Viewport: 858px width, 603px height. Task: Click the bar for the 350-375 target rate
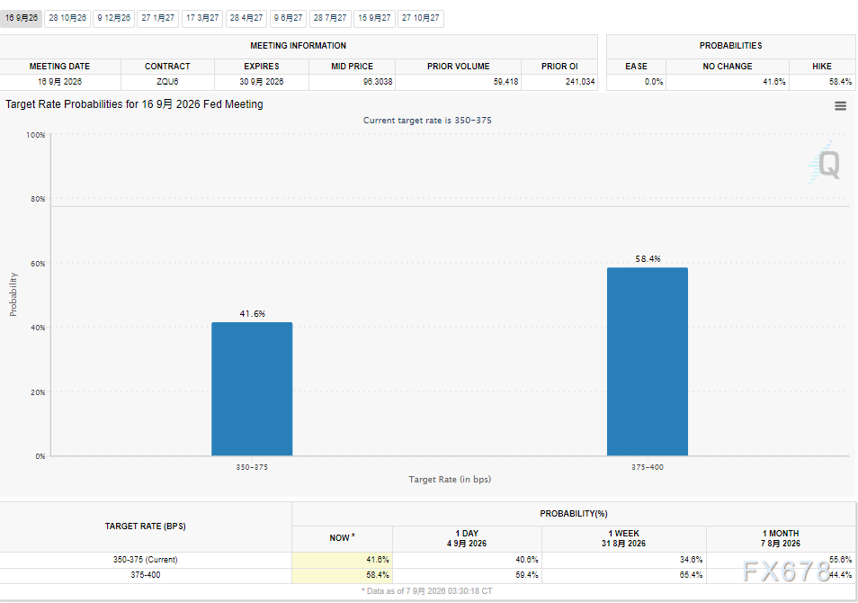[x=252, y=389]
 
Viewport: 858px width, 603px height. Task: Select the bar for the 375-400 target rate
[x=648, y=362]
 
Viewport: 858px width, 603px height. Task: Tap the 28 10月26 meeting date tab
[x=67, y=18]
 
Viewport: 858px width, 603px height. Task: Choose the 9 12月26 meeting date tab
[x=114, y=18]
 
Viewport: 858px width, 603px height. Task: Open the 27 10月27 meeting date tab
[x=420, y=18]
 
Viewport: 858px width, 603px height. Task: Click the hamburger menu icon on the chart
[x=841, y=105]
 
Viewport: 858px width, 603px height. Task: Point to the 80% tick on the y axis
[x=38, y=199]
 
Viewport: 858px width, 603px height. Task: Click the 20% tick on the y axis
[x=38, y=392]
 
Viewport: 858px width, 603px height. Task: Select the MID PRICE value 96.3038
[x=378, y=82]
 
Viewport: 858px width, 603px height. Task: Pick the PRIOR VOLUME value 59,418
[x=505, y=82]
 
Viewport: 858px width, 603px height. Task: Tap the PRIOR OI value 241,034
[x=580, y=82]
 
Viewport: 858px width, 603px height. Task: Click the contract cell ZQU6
[x=167, y=82]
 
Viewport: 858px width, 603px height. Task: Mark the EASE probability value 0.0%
[x=654, y=82]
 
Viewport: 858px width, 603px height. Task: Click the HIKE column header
[x=822, y=67]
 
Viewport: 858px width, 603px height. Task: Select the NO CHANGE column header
[x=728, y=67]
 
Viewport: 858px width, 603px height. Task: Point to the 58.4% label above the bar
[x=648, y=259]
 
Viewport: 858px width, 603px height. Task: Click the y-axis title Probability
[x=13, y=294]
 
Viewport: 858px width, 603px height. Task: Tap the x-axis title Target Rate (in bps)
[x=450, y=479]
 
